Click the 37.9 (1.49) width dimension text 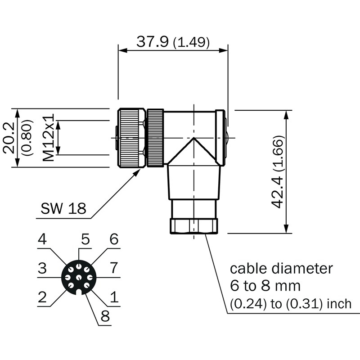pyautogui.click(x=173, y=42)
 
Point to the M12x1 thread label pyautogui.click(x=48, y=137)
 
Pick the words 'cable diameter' pyautogui.click(x=282, y=269)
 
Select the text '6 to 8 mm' pyautogui.click(x=265, y=286)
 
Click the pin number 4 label pyautogui.click(x=42, y=239)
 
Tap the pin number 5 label pyautogui.click(x=85, y=239)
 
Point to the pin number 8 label pyautogui.click(x=105, y=316)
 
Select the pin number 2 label pyautogui.click(x=42, y=297)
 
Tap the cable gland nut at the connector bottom pyautogui.click(x=194, y=226)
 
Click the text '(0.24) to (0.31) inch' pyautogui.click(x=291, y=303)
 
